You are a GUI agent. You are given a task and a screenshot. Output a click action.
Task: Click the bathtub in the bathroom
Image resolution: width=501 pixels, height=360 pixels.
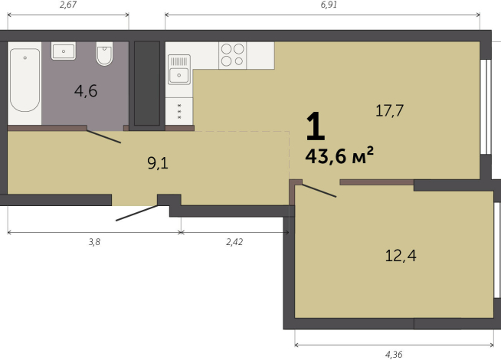[x=25, y=80]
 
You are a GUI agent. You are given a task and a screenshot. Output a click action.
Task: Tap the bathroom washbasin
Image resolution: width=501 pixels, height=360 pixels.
[x=64, y=51]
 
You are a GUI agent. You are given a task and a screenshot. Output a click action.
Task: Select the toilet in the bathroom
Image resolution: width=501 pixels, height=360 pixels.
[x=104, y=54]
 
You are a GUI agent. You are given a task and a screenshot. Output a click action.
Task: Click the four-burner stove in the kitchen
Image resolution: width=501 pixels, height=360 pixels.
[x=233, y=55]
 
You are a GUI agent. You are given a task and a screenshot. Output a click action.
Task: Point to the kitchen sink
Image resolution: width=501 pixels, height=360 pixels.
[x=179, y=69]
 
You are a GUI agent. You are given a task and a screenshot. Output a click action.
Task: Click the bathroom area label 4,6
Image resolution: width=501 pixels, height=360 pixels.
[x=86, y=91]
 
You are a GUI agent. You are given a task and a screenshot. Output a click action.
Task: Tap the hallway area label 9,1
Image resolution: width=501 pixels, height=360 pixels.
[x=158, y=163]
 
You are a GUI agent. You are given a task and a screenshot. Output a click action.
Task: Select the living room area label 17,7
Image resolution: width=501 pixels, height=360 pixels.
[x=389, y=111]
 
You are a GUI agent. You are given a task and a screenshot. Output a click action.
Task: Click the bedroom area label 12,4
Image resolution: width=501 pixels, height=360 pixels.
[x=401, y=256]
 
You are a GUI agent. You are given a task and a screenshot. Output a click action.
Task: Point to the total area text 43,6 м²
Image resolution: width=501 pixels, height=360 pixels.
[x=339, y=155]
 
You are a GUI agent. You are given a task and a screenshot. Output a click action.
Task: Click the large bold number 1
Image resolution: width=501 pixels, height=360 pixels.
[x=316, y=126]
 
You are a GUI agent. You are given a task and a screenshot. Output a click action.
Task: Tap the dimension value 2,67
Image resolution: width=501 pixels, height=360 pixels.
[x=68, y=5]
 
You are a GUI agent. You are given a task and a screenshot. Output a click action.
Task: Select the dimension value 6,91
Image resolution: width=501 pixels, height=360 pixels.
[x=329, y=5]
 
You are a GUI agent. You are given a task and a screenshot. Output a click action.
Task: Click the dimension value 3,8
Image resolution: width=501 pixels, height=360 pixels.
[x=94, y=242]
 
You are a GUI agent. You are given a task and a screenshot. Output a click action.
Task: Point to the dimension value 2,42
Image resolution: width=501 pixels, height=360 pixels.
[x=234, y=242]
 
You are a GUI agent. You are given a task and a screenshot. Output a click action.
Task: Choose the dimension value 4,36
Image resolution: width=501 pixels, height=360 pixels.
[x=394, y=355]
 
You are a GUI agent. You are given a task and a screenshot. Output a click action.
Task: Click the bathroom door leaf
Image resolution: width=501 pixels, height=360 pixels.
[x=104, y=136]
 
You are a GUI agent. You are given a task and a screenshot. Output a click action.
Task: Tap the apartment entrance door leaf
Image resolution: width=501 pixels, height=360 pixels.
[x=137, y=213]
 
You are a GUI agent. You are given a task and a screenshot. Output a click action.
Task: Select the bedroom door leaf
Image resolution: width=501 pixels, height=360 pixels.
[x=319, y=191]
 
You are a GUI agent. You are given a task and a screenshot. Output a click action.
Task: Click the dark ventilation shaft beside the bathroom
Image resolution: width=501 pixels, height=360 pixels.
[x=147, y=83]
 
